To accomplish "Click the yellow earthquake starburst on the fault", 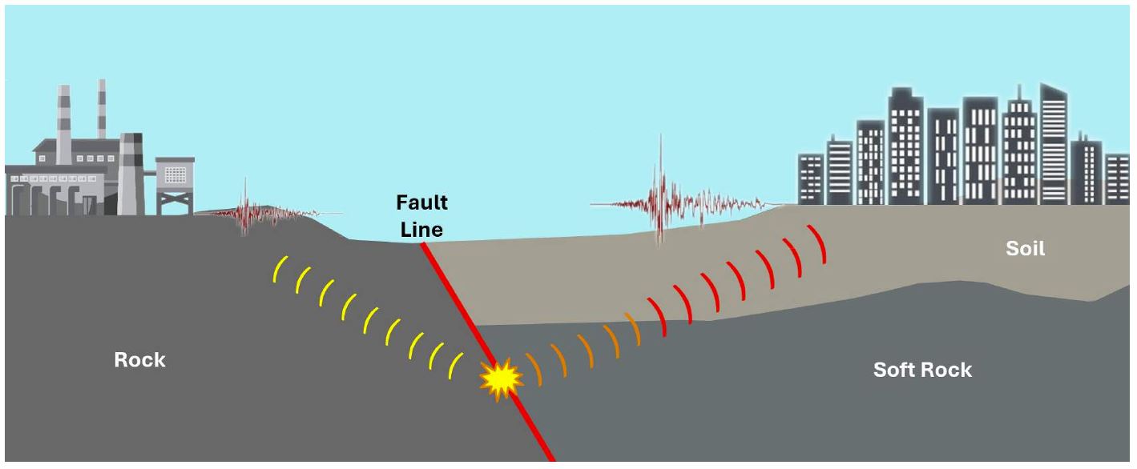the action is pyautogui.click(x=502, y=379).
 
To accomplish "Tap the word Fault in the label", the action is pyautogui.click(x=421, y=202).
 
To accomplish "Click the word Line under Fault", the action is pyautogui.click(x=421, y=230).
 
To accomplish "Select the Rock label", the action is pyautogui.click(x=139, y=360).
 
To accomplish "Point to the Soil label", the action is pyautogui.click(x=1026, y=248).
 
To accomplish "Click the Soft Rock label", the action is pyautogui.click(x=922, y=370).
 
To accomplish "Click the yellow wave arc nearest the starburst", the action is pyautogui.click(x=455, y=366).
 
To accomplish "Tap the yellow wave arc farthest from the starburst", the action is pyautogui.click(x=280, y=269).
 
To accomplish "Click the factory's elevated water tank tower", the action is pyautogui.click(x=175, y=185).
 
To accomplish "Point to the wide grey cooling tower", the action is pyautogui.click(x=131, y=174).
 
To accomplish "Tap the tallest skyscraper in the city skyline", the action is pyautogui.click(x=1054, y=144).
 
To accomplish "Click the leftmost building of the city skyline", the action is pyautogui.click(x=811, y=179).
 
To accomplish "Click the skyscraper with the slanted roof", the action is pyautogui.click(x=1054, y=144).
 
